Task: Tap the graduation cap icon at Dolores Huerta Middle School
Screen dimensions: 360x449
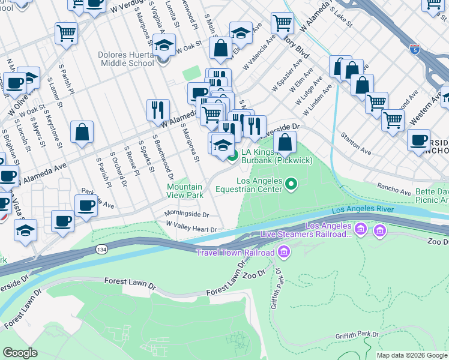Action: pos(164,44)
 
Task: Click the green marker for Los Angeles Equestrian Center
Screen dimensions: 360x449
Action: pos(291,184)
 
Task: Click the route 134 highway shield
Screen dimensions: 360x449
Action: pos(99,250)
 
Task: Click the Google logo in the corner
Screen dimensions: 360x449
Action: pos(20,353)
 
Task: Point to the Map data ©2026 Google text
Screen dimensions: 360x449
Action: pos(411,355)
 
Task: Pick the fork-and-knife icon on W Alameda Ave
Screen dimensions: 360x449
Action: pos(158,109)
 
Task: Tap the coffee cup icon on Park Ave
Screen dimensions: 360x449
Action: pos(86,205)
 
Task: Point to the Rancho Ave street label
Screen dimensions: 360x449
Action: pos(393,188)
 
